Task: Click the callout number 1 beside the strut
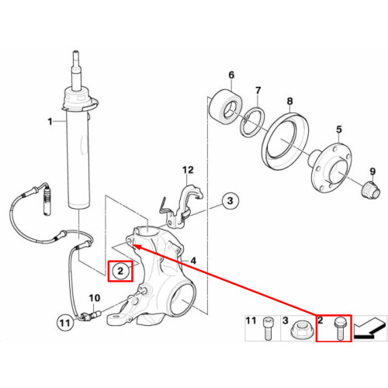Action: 50,121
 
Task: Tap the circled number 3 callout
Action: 230,201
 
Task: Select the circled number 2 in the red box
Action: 120,271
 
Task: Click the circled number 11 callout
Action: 64,323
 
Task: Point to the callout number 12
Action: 188,170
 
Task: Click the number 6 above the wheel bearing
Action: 231,75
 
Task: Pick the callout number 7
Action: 258,91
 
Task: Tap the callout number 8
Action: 289,101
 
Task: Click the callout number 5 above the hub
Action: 339,130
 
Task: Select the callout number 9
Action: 372,171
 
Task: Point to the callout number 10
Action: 95,298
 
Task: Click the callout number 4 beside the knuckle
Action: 193,261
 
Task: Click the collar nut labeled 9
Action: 370,190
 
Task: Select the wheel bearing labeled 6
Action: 225,107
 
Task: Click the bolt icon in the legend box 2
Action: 340,329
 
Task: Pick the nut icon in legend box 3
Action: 300,329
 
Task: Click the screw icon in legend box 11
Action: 268,328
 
